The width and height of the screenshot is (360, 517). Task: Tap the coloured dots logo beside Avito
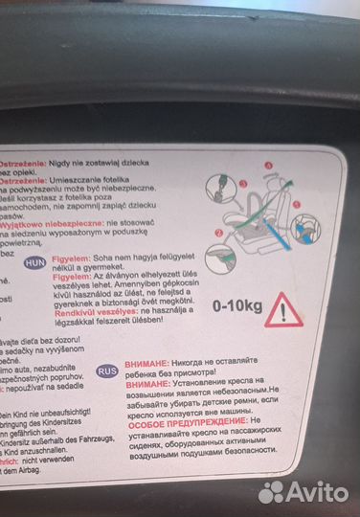[273, 491]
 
